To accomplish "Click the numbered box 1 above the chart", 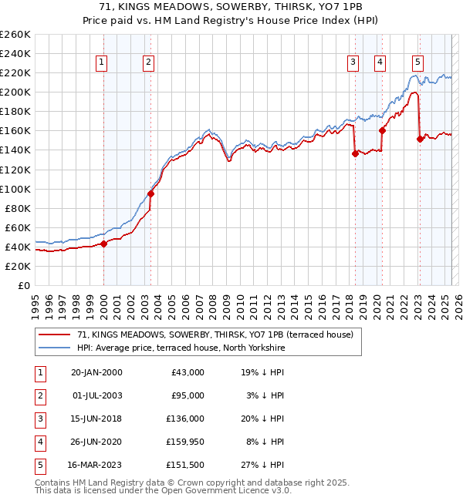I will click(103, 63).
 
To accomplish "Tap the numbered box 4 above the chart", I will click(380, 63).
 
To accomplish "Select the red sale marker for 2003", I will click(151, 193).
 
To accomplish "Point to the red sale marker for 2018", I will click(355, 153).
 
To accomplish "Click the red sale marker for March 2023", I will click(420, 139).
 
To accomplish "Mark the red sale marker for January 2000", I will click(104, 244).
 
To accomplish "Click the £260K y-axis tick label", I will click(15, 35).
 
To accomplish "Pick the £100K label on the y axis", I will click(15, 189).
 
